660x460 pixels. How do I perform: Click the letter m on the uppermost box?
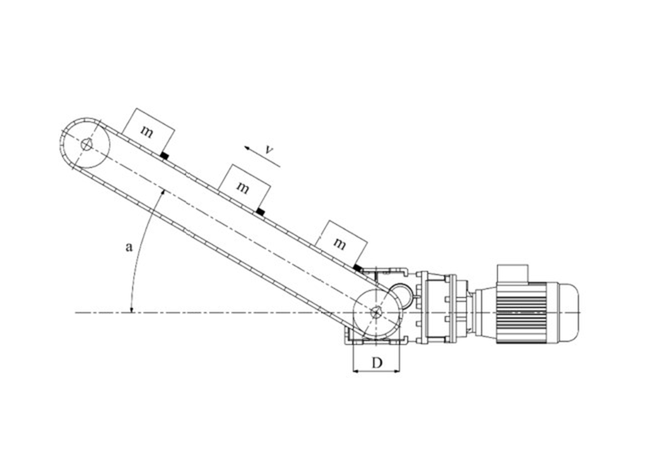[146, 131]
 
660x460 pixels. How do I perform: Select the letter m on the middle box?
[243, 187]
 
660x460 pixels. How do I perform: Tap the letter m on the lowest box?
[339, 243]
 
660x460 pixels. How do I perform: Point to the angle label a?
[129, 247]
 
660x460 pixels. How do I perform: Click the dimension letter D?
[377, 362]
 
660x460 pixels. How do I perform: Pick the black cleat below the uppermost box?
[165, 156]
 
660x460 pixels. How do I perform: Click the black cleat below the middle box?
[261, 212]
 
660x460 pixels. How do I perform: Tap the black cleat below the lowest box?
[358, 268]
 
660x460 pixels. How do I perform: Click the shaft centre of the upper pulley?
[86, 144]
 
